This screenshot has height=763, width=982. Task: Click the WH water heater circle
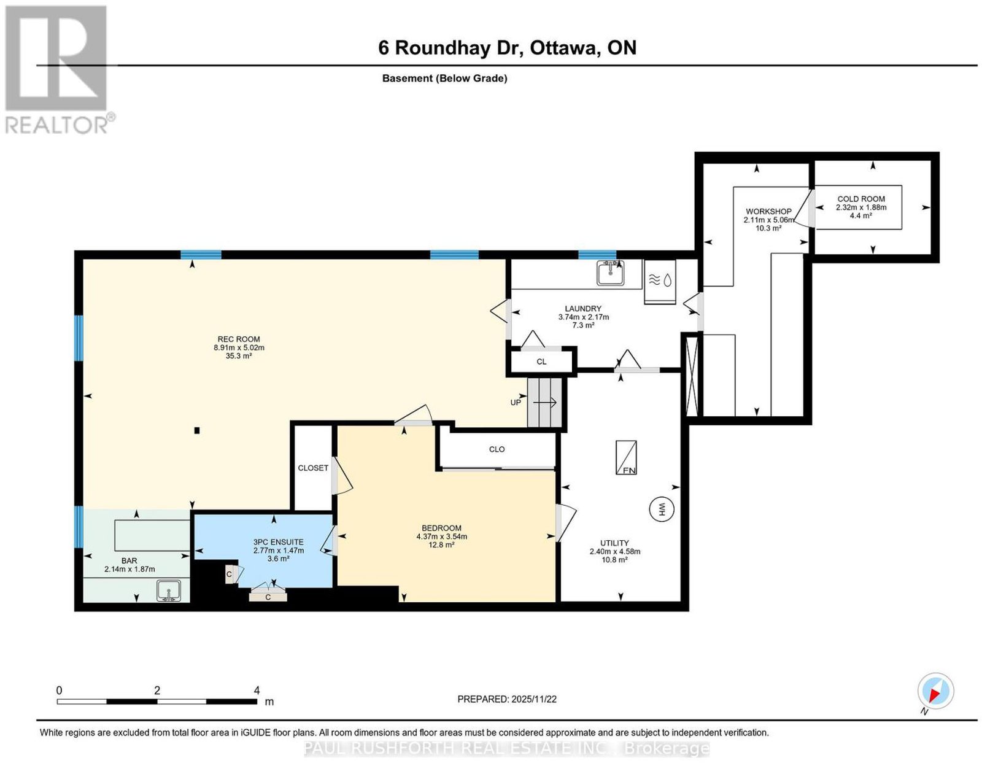point(661,509)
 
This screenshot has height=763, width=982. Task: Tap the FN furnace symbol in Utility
point(626,458)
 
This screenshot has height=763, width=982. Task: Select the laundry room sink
point(610,273)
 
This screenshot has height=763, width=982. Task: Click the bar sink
point(169,591)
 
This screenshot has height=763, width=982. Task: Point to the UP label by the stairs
point(515,403)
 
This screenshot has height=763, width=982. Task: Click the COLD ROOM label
point(861,199)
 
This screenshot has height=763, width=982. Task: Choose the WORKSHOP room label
point(768,211)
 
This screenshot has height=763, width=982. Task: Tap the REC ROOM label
point(239,339)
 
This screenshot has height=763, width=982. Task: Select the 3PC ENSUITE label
point(278,542)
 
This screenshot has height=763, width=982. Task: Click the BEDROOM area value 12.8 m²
point(441,545)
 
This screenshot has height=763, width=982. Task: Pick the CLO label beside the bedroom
point(497,449)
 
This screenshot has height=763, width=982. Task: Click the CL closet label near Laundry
point(541,362)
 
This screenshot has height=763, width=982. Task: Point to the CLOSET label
point(313,468)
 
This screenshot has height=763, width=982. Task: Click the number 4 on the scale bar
point(257,690)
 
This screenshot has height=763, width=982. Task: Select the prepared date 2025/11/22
point(534,699)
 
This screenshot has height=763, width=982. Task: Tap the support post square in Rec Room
point(197,430)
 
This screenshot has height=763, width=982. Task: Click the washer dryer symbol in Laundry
point(660,281)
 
